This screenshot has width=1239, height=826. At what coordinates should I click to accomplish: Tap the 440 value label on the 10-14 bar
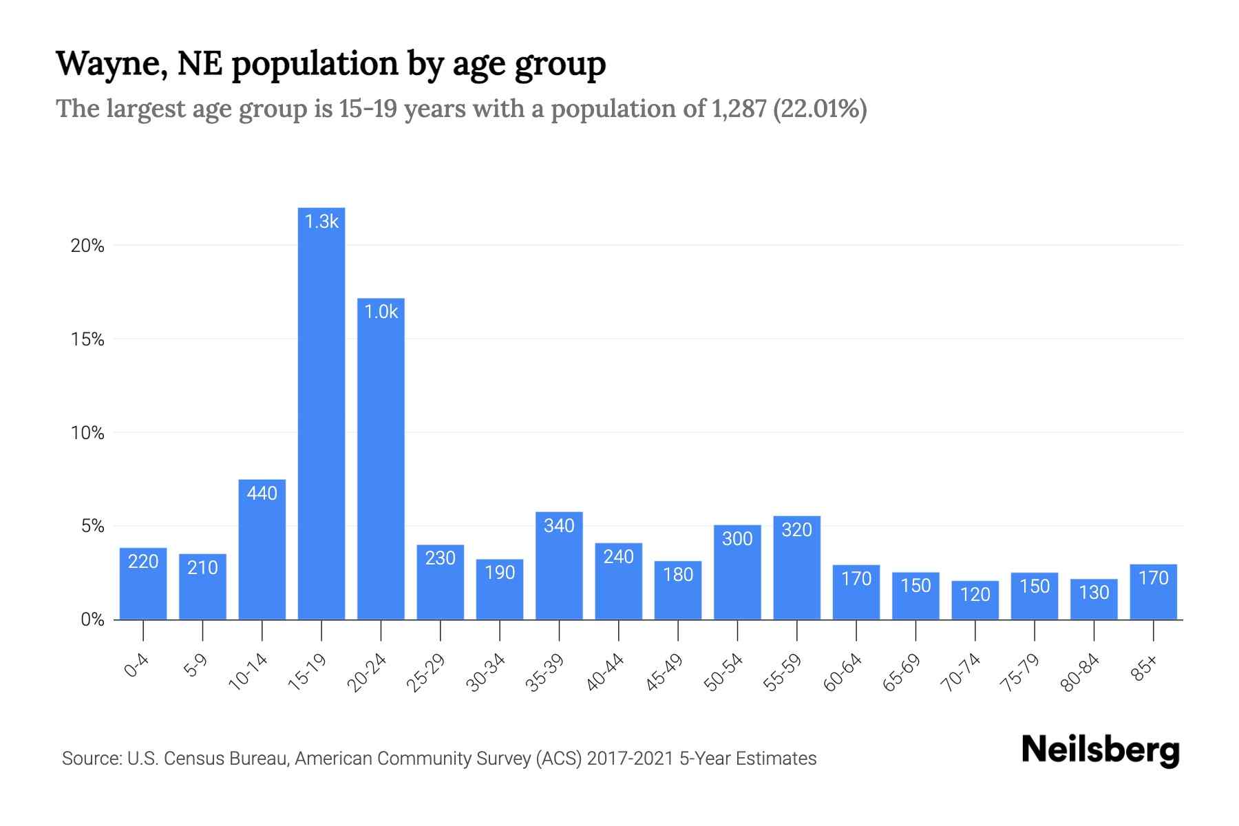262,494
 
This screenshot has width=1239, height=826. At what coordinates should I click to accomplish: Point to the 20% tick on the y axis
87,246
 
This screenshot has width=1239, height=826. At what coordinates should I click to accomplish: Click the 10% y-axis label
87,433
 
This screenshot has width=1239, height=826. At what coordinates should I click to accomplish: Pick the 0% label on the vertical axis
92,619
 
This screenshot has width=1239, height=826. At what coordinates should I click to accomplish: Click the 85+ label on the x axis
1145,668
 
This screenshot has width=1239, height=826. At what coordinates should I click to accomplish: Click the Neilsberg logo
1100,750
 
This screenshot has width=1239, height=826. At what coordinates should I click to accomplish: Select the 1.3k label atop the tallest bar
321,222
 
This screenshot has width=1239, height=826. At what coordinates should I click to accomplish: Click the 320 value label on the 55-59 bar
796,530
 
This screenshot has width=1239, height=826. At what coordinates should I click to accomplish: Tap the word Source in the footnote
90,759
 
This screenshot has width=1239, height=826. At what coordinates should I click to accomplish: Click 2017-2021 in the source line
630,759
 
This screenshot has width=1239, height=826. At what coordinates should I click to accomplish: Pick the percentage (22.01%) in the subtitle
820,109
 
